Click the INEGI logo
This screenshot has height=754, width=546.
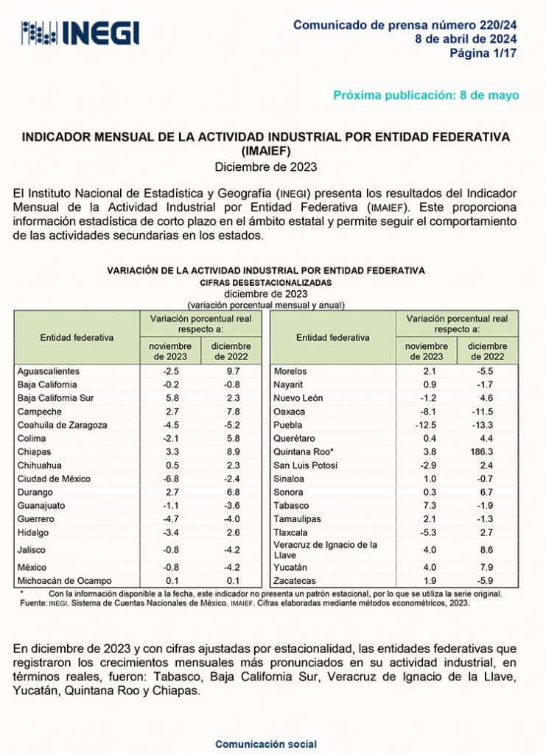[x=80, y=32]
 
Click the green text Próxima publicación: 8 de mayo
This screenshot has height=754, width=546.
[x=426, y=95]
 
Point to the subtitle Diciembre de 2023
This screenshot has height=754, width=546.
[x=266, y=166]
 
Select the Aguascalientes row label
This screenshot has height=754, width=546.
[x=48, y=371]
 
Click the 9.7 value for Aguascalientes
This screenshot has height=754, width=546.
[x=231, y=371]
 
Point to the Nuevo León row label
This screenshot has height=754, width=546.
[x=298, y=398]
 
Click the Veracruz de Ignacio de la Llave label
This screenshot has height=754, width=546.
[x=325, y=549]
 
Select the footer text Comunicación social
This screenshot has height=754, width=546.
[x=266, y=744]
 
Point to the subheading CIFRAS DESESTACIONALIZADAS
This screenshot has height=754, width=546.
[x=266, y=282]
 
